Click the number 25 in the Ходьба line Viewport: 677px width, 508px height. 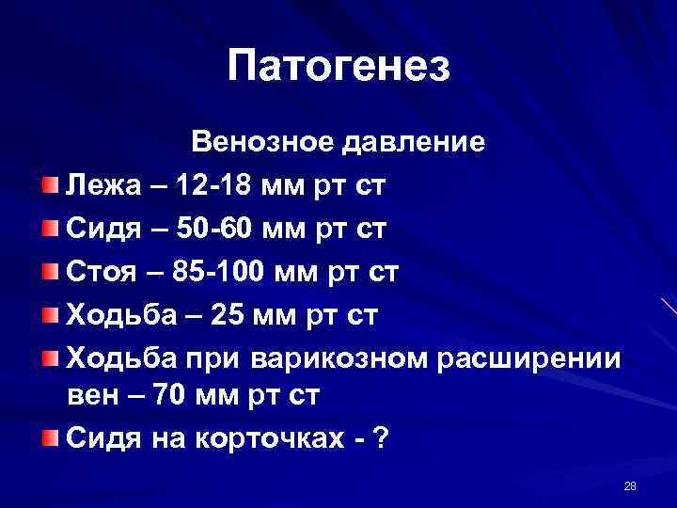[230, 314]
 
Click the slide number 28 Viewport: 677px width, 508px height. [630, 485]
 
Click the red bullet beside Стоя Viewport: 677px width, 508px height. [50, 272]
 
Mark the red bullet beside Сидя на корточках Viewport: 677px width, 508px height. [50, 439]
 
